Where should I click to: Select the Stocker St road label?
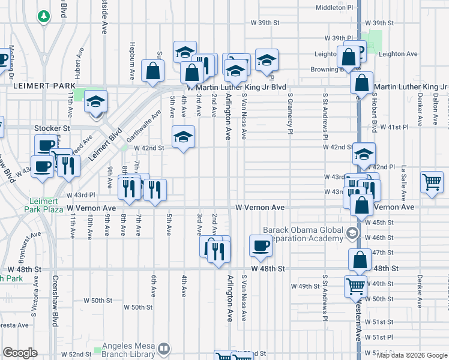52,128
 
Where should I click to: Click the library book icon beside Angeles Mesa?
164,348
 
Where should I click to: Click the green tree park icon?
43,16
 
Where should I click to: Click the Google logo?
20,353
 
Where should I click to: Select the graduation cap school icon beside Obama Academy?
352,232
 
